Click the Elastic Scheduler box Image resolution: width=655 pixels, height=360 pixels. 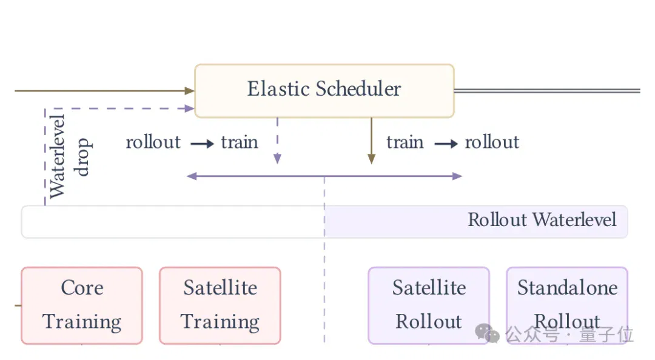point(324,91)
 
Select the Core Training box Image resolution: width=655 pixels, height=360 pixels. point(82,305)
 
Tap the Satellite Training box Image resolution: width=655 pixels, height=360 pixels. point(220,305)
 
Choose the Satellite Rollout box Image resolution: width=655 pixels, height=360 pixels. point(429,305)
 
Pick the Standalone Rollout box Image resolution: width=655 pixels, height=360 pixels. point(567,305)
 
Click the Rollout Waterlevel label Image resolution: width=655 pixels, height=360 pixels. point(542,219)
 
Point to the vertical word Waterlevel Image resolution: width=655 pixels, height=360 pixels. point(57,156)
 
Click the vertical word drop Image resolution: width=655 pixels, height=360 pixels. point(81,157)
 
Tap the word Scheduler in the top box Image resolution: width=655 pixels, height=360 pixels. point(358,88)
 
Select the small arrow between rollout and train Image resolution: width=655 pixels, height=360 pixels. point(202,144)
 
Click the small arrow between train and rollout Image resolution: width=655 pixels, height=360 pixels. point(446,144)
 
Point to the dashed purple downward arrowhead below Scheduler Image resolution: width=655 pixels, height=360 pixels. point(277,159)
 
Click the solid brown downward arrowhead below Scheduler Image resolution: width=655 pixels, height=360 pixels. point(371,159)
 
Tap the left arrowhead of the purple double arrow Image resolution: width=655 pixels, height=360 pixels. point(191,176)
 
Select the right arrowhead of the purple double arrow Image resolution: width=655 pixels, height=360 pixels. point(457,176)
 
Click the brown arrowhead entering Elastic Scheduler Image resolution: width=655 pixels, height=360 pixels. point(190,91)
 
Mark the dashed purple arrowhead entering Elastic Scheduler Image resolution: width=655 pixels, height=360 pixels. point(190,108)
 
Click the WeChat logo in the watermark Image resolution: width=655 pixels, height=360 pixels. point(487,333)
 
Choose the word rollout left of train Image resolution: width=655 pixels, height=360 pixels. point(153,142)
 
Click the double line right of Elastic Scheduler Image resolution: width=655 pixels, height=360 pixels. point(547,91)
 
